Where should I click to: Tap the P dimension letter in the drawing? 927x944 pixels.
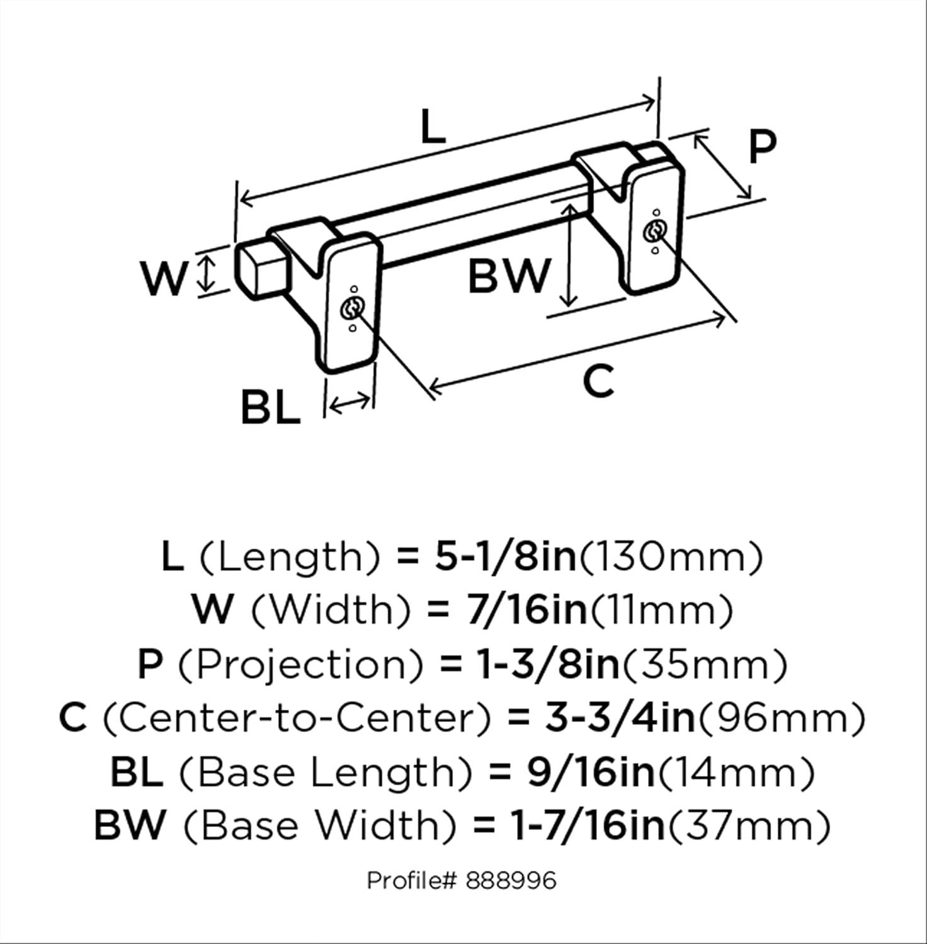click(762, 146)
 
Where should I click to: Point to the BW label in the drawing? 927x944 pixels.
click(509, 275)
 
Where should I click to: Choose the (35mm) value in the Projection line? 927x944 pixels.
click(705, 665)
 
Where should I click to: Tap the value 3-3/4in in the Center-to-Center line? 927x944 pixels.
click(620, 718)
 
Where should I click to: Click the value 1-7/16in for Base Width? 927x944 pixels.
click(589, 825)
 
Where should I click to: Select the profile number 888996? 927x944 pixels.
click(511, 880)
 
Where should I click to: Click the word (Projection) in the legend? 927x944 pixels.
click(300, 665)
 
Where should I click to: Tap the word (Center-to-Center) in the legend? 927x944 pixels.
click(296, 718)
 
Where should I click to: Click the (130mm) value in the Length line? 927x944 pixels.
click(671, 557)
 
